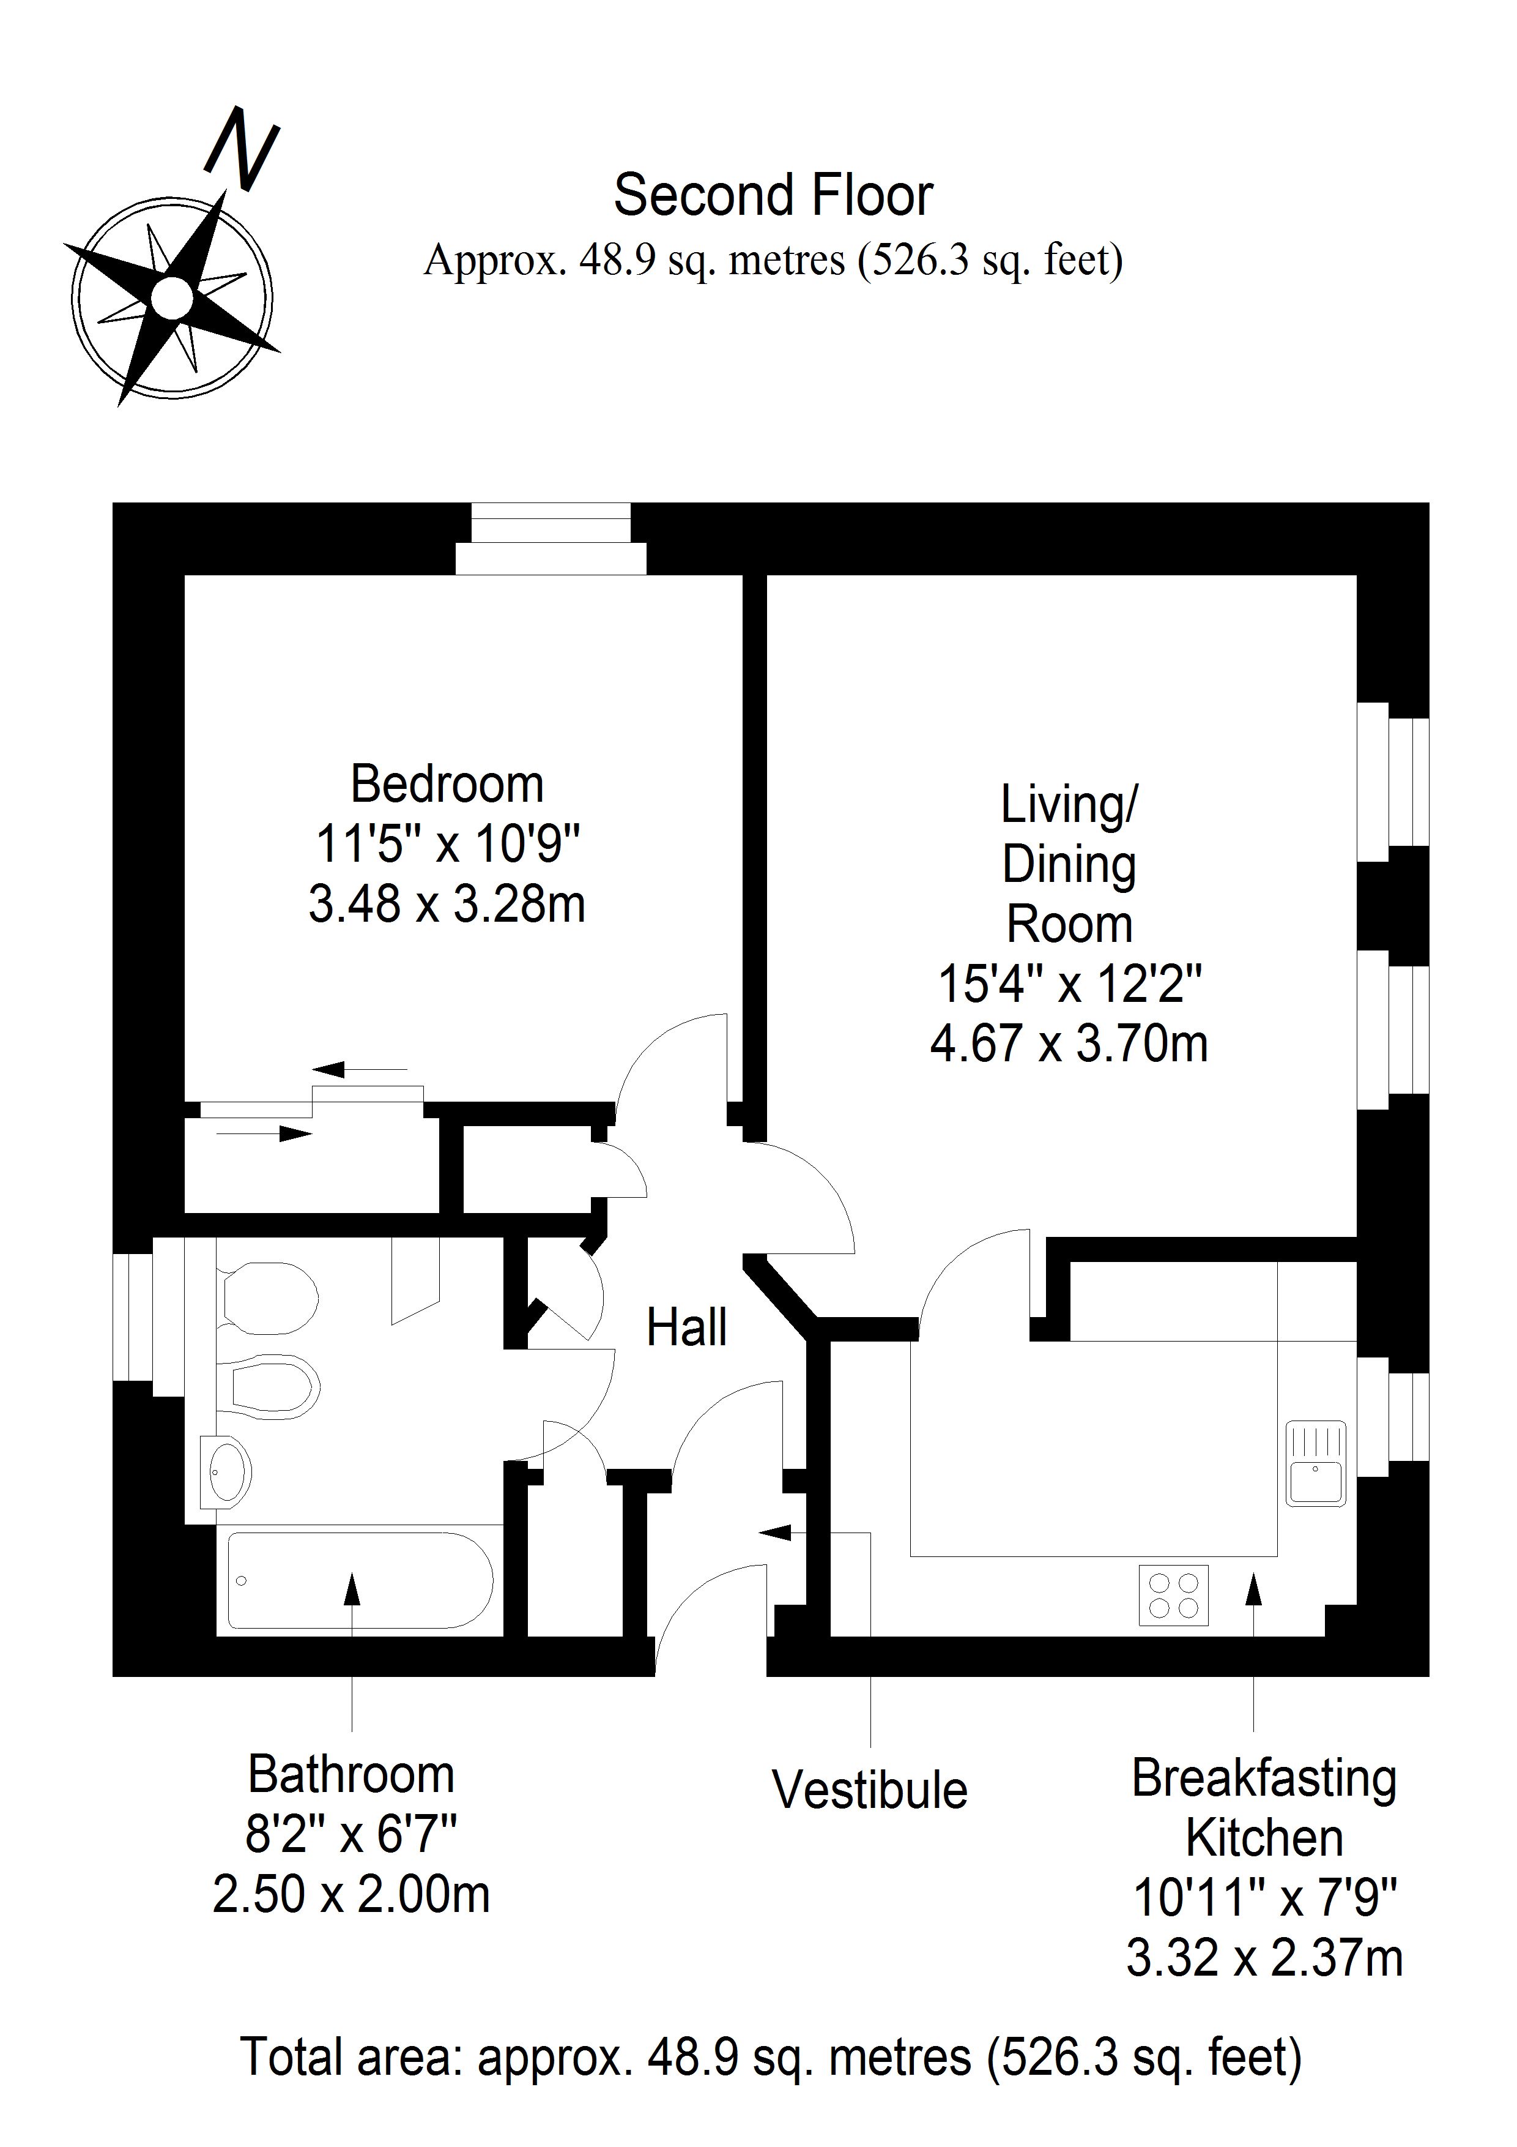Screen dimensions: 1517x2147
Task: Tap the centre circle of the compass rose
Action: point(172,299)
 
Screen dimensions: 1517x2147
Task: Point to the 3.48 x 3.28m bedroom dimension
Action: point(447,904)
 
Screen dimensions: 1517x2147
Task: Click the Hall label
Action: point(687,1328)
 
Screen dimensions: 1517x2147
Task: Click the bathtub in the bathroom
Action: point(360,1580)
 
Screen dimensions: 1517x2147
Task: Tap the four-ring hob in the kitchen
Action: point(1173,1594)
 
